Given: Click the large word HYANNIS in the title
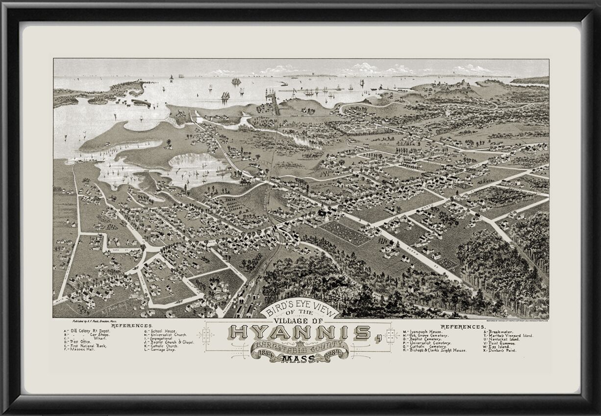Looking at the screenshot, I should pos(300,333).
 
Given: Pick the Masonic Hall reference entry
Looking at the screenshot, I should pos(80,350).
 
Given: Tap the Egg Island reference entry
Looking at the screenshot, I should pos(497,347).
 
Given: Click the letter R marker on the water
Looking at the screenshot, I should pos(171,82).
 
